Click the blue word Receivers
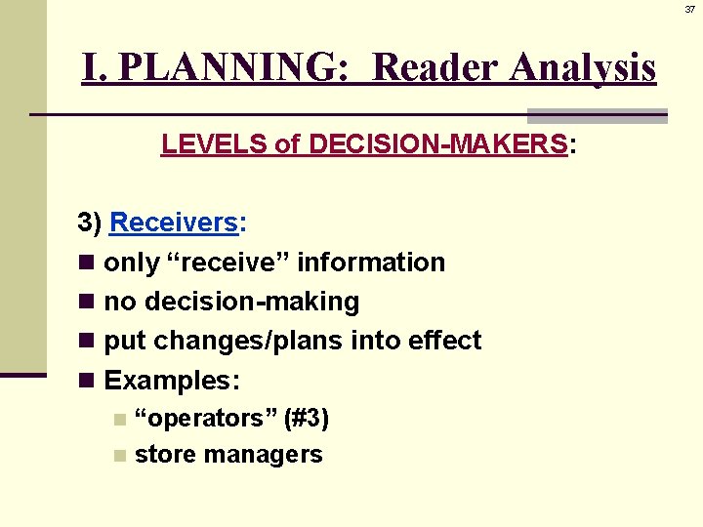point(174,223)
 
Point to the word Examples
point(168,380)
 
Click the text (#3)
point(306,419)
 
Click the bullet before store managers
point(118,455)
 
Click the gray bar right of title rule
point(597,115)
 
